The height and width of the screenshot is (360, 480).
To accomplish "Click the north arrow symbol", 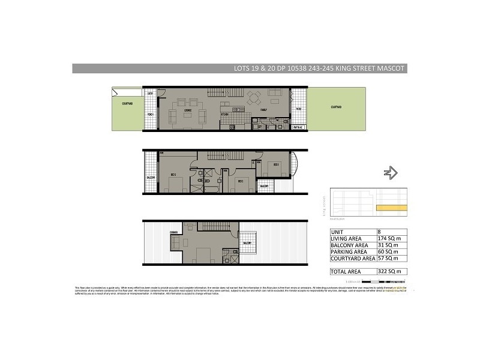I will (x=391, y=173).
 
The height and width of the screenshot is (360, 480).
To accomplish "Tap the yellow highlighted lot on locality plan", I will (x=391, y=208).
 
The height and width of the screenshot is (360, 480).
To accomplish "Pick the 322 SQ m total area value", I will (x=387, y=272).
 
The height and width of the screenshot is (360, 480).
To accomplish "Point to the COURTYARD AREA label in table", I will (x=352, y=259).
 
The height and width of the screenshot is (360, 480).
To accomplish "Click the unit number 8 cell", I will (x=379, y=232).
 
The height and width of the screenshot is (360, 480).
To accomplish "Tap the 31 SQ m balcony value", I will (x=386, y=245).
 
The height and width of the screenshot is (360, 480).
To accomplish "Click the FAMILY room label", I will (x=263, y=111).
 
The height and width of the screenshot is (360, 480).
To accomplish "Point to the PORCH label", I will (x=151, y=114).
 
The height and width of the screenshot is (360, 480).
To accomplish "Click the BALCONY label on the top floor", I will (x=247, y=242).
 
